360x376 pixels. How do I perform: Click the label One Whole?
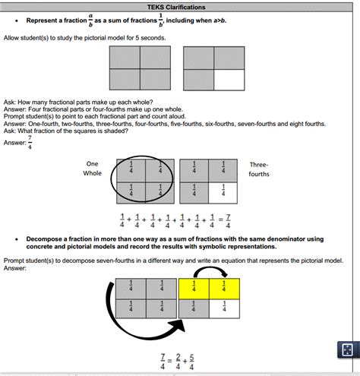pos(93,169)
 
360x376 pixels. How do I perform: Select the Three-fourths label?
pos(259,169)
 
